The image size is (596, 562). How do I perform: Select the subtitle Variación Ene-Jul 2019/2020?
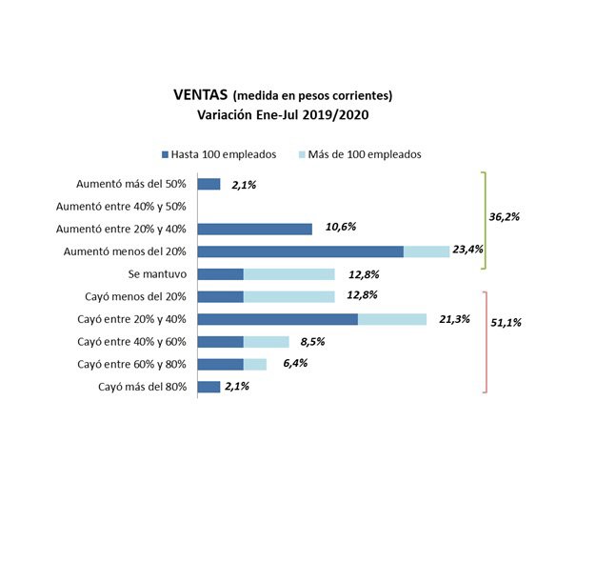click(283, 114)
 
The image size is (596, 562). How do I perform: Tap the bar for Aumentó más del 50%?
click(209, 184)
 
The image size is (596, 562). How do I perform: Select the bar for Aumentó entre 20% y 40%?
click(254, 229)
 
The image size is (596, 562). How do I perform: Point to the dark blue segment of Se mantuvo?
click(220, 274)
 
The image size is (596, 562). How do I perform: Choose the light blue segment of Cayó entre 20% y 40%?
click(391, 319)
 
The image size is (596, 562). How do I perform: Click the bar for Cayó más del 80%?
click(209, 387)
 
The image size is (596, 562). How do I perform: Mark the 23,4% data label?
click(467, 251)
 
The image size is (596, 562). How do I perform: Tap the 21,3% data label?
click(455, 319)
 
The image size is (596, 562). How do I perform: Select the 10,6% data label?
click(343, 229)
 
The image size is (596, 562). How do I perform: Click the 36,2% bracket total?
click(504, 217)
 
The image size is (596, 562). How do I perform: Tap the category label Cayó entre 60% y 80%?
click(134, 364)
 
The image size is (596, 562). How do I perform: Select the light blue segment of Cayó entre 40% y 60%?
click(266, 342)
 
